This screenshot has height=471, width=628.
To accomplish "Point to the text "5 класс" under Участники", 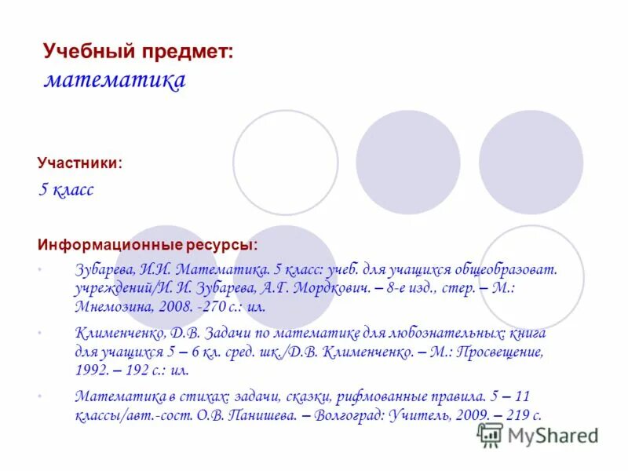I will coord(67,190).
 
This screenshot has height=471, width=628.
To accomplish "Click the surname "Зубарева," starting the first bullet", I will coord(105,269).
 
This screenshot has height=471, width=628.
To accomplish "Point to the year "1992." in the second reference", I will coord(92,371).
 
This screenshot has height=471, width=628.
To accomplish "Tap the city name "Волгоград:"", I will coord(348,416).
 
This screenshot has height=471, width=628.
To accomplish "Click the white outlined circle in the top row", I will coord(285,162).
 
